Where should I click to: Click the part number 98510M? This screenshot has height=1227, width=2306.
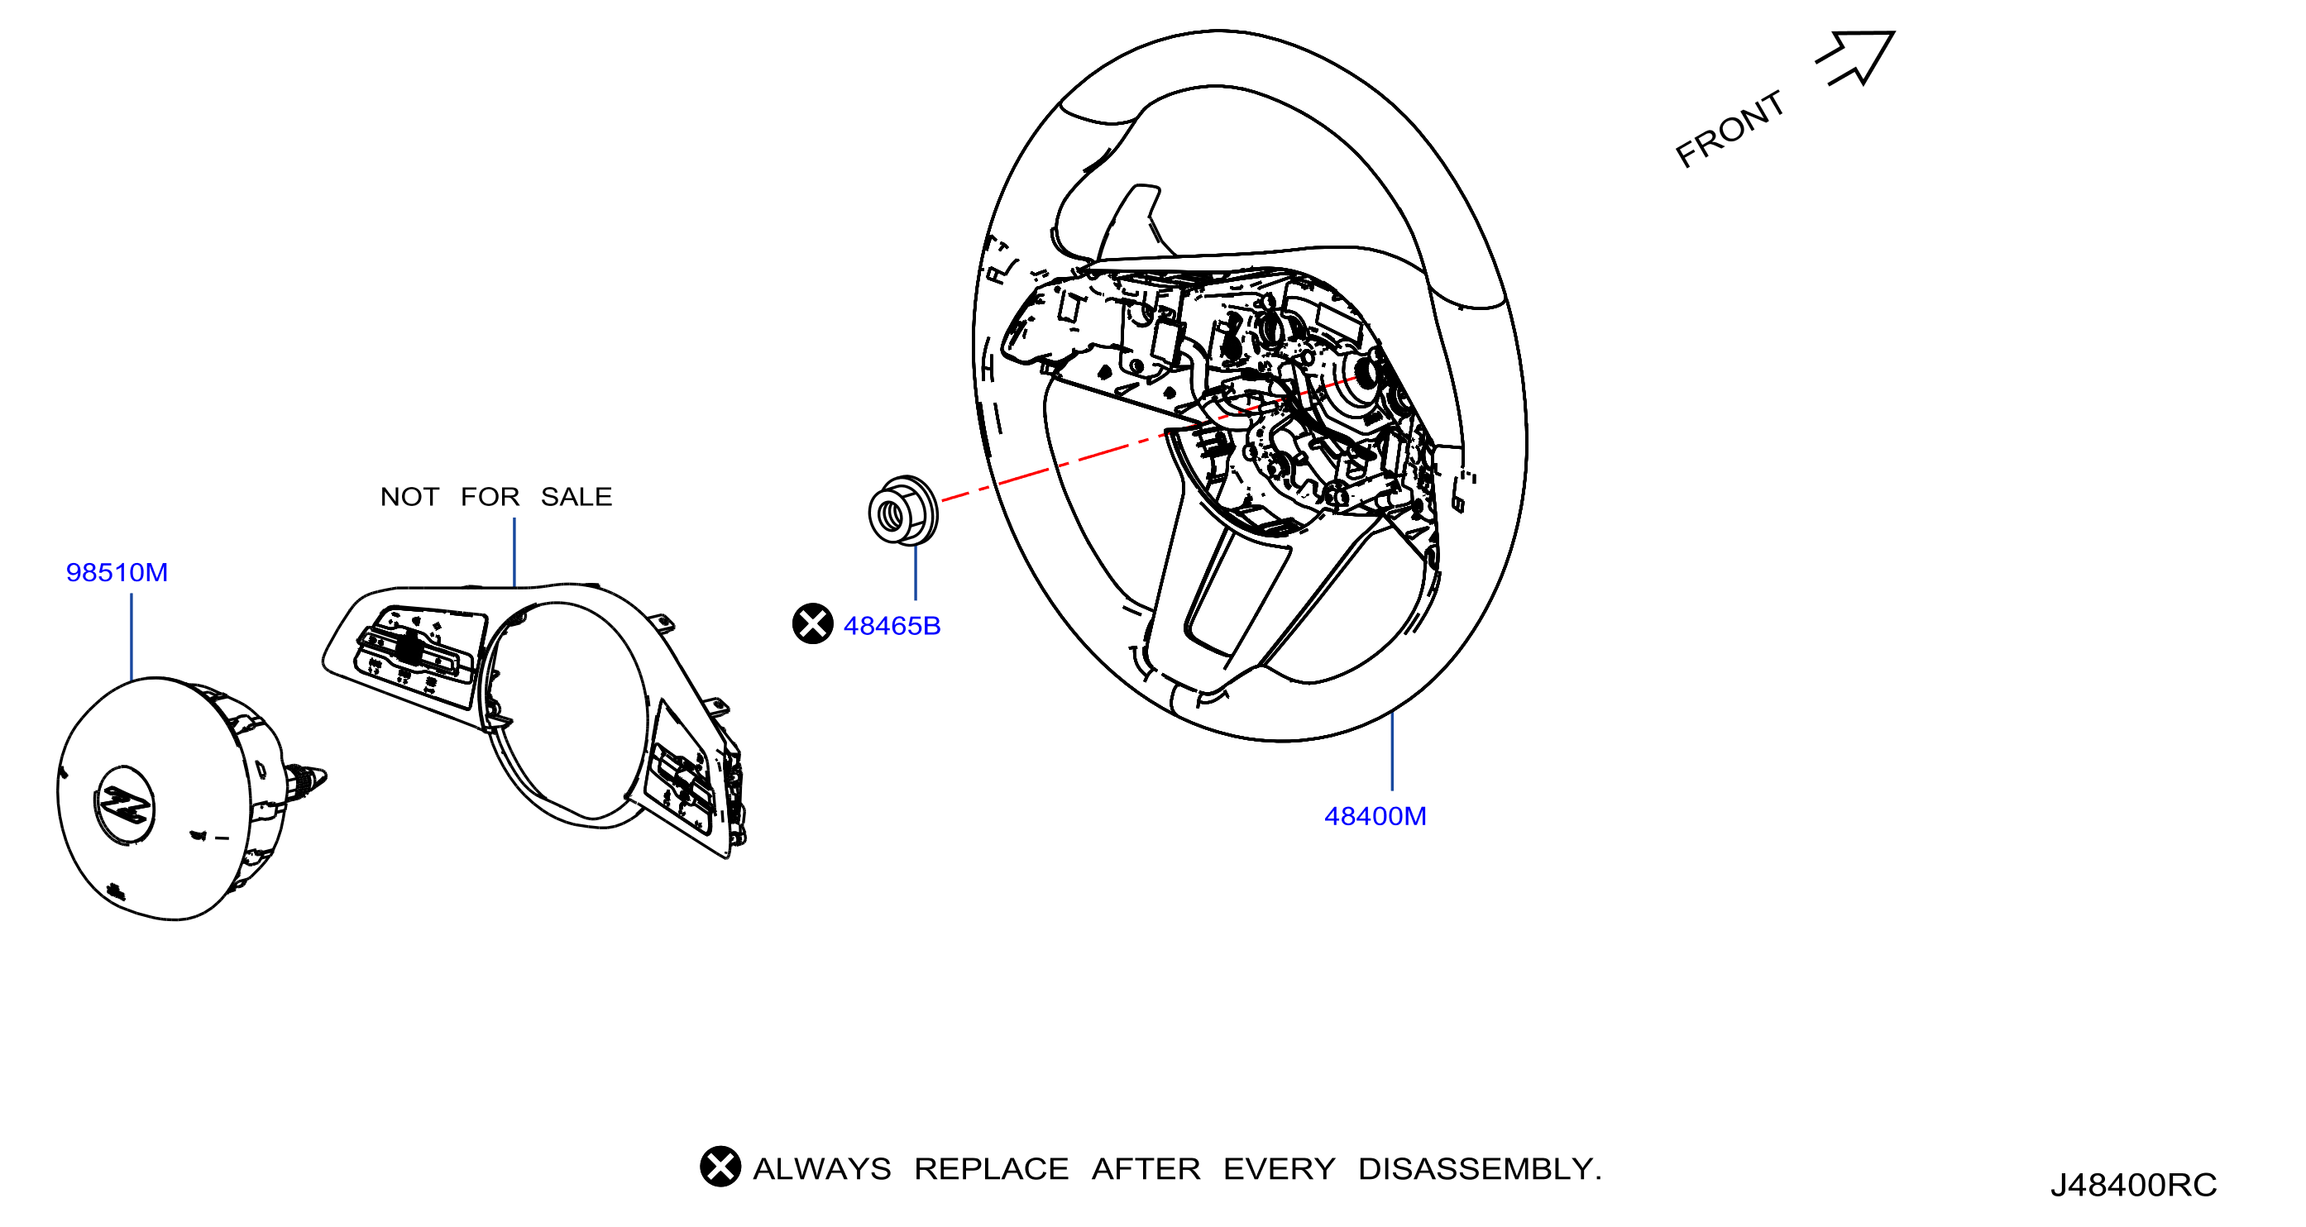coord(117,573)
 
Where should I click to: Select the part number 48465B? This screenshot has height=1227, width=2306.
coord(892,627)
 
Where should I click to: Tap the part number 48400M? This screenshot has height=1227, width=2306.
coord(1375,816)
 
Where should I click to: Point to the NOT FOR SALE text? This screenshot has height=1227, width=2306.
coord(496,497)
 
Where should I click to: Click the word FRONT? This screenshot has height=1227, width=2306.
coord(1729,130)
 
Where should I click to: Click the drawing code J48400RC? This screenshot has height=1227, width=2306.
coord(2133,1185)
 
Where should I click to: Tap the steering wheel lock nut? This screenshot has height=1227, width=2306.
coord(903,511)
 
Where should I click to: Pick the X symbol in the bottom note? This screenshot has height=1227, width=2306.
coord(720,1166)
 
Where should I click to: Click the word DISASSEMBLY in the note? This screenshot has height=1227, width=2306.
coord(1479,1169)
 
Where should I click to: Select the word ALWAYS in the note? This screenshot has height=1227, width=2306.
coord(822,1169)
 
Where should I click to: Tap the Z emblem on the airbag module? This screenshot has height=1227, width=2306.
coord(124,804)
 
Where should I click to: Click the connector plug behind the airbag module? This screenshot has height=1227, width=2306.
coord(305,781)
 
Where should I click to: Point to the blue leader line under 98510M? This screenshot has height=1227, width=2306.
coord(132,637)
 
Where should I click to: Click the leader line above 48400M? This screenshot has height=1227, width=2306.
coord(1392,750)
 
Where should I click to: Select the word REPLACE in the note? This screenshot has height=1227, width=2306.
coord(991,1169)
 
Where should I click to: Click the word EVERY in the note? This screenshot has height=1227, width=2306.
coord(1280,1169)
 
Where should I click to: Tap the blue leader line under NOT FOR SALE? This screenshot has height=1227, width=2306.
coord(514,553)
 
